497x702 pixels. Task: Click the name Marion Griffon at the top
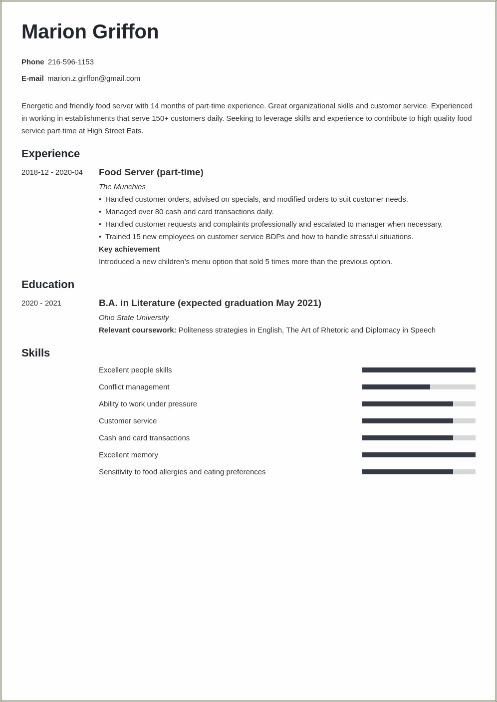(90, 32)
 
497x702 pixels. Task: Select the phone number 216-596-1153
(71, 62)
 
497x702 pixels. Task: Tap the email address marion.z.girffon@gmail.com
(94, 78)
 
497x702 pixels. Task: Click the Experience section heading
(50, 154)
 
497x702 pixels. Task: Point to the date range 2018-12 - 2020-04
(52, 172)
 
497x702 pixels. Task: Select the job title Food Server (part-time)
(151, 172)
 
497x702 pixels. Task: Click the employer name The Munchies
(122, 187)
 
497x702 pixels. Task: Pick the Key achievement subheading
(129, 249)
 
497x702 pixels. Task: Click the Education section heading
(48, 285)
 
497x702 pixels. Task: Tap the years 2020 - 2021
(41, 303)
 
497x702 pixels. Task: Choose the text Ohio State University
(134, 318)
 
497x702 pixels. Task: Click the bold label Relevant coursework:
(137, 330)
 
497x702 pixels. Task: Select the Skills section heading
(35, 353)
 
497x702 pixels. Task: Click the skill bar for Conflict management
(419, 387)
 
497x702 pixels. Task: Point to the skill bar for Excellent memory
(419, 455)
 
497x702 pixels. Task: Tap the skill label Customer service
(128, 421)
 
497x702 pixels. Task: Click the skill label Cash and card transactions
(144, 438)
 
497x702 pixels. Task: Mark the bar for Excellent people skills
(419, 370)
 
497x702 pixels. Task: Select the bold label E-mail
(32, 78)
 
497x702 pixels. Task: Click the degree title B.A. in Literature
(137, 303)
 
